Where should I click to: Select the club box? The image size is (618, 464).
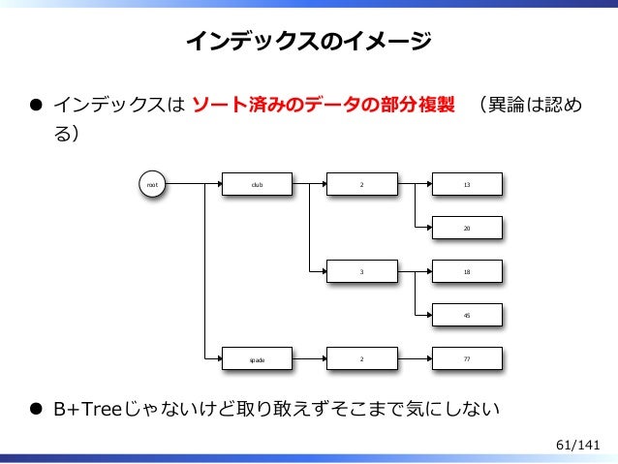pos(258,183)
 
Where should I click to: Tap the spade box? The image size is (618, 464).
pos(258,359)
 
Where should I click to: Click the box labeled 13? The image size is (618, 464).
pos(468,183)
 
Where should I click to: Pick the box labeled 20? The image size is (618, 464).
pos(468,228)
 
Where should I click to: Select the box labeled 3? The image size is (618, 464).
pos(362,272)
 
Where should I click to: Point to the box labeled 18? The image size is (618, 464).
pos(468,272)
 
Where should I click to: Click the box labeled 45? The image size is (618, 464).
pos(468,316)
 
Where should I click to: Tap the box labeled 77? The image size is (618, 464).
pos(468,359)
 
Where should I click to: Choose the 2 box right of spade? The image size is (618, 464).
pos(362,359)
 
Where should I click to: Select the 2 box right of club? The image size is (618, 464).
pos(362,183)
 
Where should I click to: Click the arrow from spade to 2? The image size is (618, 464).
pos(309,359)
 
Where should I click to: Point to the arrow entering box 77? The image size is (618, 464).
pos(415,359)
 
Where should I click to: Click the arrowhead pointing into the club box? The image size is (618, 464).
pos(218,183)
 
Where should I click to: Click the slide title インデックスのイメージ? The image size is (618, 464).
pos(309,41)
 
